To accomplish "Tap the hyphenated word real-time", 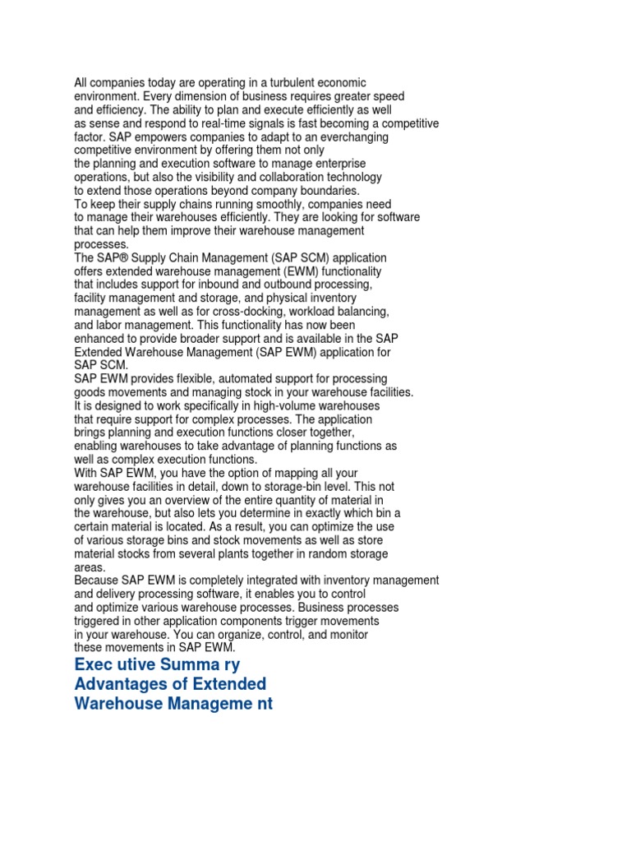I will [x=245, y=123].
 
